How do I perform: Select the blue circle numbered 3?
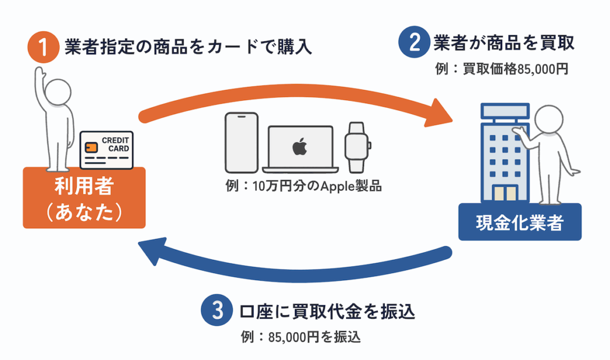(214, 312)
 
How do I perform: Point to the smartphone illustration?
(241, 141)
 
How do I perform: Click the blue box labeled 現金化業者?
(519, 223)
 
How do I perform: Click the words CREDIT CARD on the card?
(115, 144)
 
